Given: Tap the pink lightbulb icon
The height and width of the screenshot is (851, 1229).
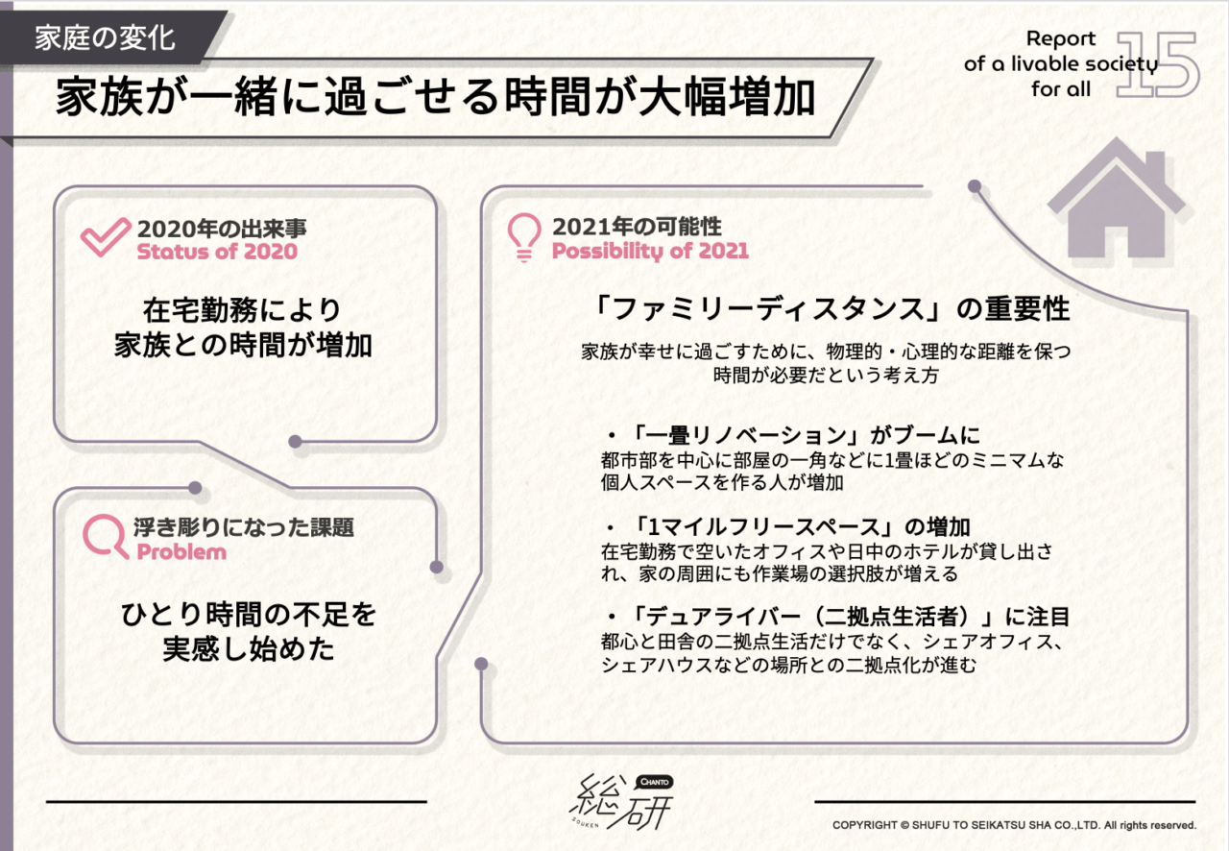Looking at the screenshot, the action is pos(524,237).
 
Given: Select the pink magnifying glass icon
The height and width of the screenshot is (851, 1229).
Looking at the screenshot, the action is pos(106,536).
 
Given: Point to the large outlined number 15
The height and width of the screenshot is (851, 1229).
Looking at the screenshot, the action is pos(1157,64).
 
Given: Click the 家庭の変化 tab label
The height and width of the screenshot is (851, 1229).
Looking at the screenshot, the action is pos(105,39).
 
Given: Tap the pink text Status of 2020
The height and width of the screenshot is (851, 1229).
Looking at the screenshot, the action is pos(217,252).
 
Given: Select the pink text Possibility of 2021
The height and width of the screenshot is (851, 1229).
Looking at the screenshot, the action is pos(650,251).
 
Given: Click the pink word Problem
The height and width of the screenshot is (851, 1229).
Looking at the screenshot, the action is pos(181,551).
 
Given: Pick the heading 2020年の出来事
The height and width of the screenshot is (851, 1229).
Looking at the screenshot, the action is pos(222,229).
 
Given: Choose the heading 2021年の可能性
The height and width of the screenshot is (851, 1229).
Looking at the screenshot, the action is pos(637,227).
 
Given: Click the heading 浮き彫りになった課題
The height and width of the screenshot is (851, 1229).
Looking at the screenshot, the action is pos(244,527).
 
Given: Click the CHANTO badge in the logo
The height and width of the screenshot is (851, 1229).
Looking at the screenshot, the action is pos(655,782).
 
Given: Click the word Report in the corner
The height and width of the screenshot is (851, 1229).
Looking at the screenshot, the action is pos(1061,39).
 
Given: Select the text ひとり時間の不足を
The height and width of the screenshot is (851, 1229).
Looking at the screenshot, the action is pos(249,615).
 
